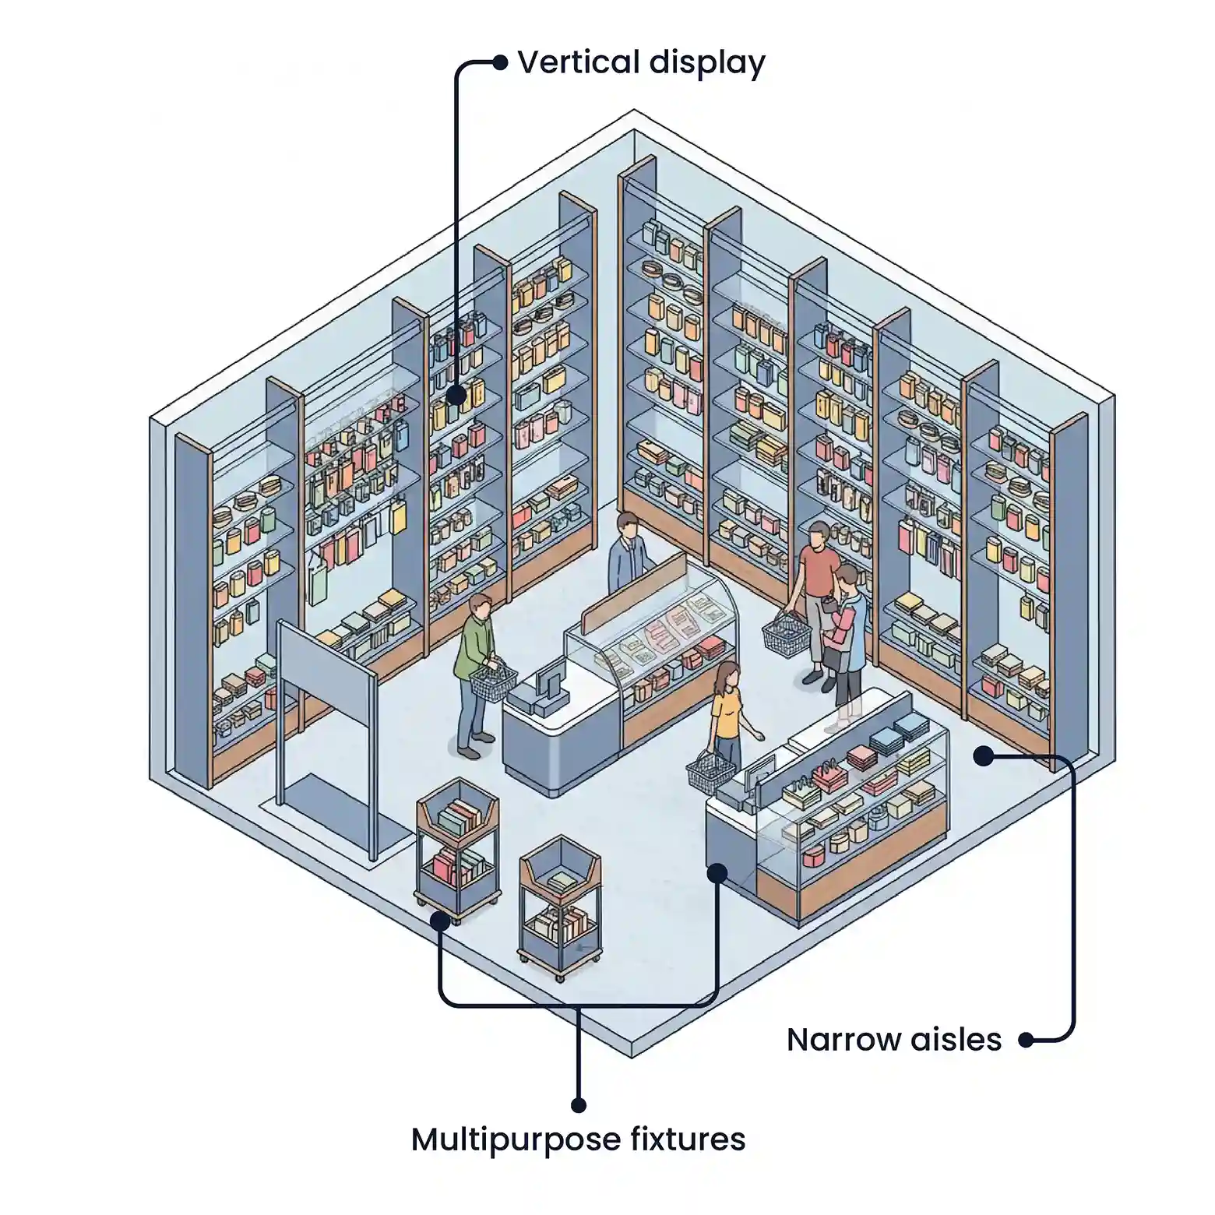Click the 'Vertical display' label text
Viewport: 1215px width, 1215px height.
641,63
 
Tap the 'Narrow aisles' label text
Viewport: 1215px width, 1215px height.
893,1040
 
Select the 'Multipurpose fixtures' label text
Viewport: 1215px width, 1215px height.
578,1139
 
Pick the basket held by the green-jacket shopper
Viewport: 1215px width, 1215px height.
491,683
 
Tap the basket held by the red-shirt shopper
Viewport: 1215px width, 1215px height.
786,635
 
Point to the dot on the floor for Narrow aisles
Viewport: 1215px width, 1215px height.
984,755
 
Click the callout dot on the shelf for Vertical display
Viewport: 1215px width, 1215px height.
456,395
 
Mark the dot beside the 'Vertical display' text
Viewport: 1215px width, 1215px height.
499,62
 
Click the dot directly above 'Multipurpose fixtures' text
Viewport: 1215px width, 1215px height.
578,1104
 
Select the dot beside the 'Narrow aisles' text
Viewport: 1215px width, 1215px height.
1027,1040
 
